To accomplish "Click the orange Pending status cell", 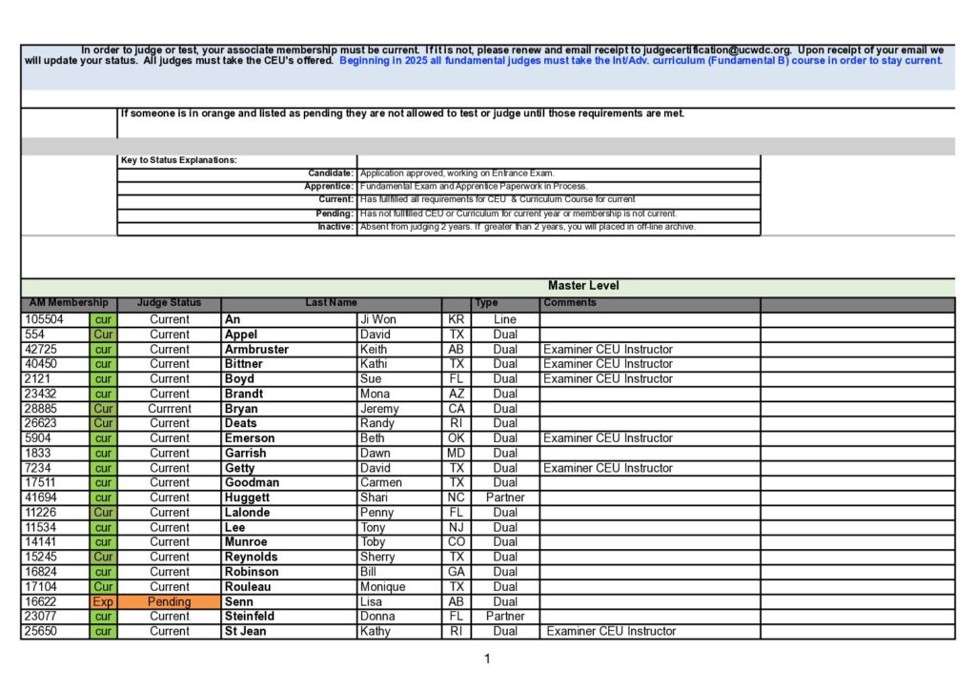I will pyautogui.click(x=169, y=601).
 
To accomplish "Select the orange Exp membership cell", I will pyautogui.click(x=103, y=601).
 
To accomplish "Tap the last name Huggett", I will pyautogui.click(x=247, y=497).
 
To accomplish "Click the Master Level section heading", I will pyautogui.click(x=583, y=286).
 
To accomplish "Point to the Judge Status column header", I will pyautogui.click(x=169, y=303).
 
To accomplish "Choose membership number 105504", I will pyautogui.click(x=45, y=319).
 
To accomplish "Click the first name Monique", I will pyautogui.click(x=382, y=587).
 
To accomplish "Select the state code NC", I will pyautogui.click(x=456, y=497).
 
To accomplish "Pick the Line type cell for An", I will pyautogui.click(x=505, y=319).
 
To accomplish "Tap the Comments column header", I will pyautogui.click(x=570, y=303).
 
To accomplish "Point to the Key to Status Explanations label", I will pyautogui.click(x=178, y=160).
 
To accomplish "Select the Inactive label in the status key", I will pyautogui.click(x=335, y=227).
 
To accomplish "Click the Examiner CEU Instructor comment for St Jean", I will pyautogui.click(x=611, y=631).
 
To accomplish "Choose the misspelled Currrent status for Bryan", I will pyautogui.click(x=169, y=409).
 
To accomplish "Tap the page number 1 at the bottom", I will pyautogui.click(x=487, y=659).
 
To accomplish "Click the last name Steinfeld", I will pyautogui.click(x=250, y=617).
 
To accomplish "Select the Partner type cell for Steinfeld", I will pyautogui.click(x=505, y=617).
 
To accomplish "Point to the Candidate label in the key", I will pyautogui.click(x=331, y=173).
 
